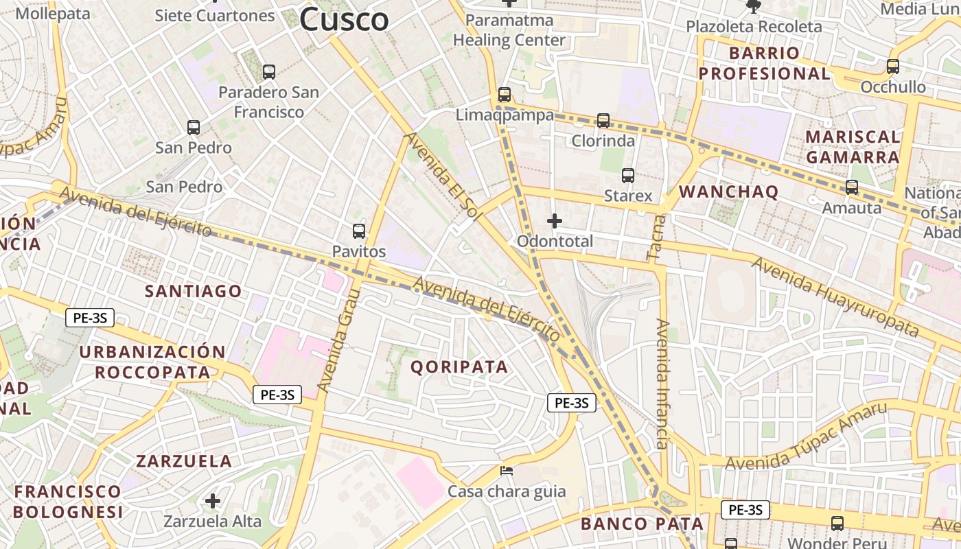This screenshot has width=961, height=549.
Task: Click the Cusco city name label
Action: click(x=344, y=19)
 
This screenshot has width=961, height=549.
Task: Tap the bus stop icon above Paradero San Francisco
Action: click(x=269, y=71)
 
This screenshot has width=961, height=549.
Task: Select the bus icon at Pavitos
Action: click(x=359, y=231)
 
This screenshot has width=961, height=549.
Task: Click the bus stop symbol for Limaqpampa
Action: click(x=505, y=95)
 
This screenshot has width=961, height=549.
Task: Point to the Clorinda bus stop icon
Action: click(x=603, y=121)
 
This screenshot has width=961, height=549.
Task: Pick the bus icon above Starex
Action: click(x=628, y=176)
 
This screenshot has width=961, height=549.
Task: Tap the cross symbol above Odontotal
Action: click(x=554, y=221)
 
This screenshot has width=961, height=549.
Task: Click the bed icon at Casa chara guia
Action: click(x=507, y=471)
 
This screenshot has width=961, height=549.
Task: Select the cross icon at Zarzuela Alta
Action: click(x=213, y=501)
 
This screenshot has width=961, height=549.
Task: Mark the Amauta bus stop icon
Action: click(x=852, y=187)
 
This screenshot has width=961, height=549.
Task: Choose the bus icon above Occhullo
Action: click(x=893, y=67)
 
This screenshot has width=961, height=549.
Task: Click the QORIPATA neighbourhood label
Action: click(x=459, y=367)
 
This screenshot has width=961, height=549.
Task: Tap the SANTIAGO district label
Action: click(x=193, y=292)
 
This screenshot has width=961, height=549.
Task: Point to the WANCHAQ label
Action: click(x=728, y=192)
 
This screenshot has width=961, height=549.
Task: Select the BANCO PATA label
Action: click(x=642, y=524)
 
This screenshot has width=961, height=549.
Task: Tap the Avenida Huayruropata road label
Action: click(x=834, y=296)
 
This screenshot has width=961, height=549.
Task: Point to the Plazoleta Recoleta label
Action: click(x=754, y=27)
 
